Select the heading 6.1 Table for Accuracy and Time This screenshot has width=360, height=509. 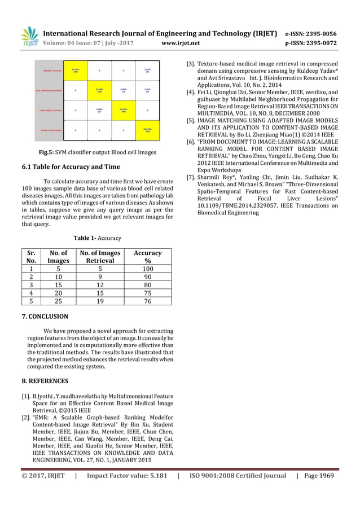(x=76, y=166)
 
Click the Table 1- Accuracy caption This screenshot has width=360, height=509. (x=97, y=238)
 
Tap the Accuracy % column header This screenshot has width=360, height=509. (x=147, y=257)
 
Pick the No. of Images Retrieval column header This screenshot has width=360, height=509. (x=99, y=257)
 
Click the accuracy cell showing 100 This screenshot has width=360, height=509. (x=147, y=270)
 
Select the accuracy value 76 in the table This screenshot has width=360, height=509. (x=147, y=301)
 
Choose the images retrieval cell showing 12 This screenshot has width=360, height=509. (x=99, y=286)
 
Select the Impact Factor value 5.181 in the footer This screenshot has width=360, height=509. (x=153, y=475)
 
